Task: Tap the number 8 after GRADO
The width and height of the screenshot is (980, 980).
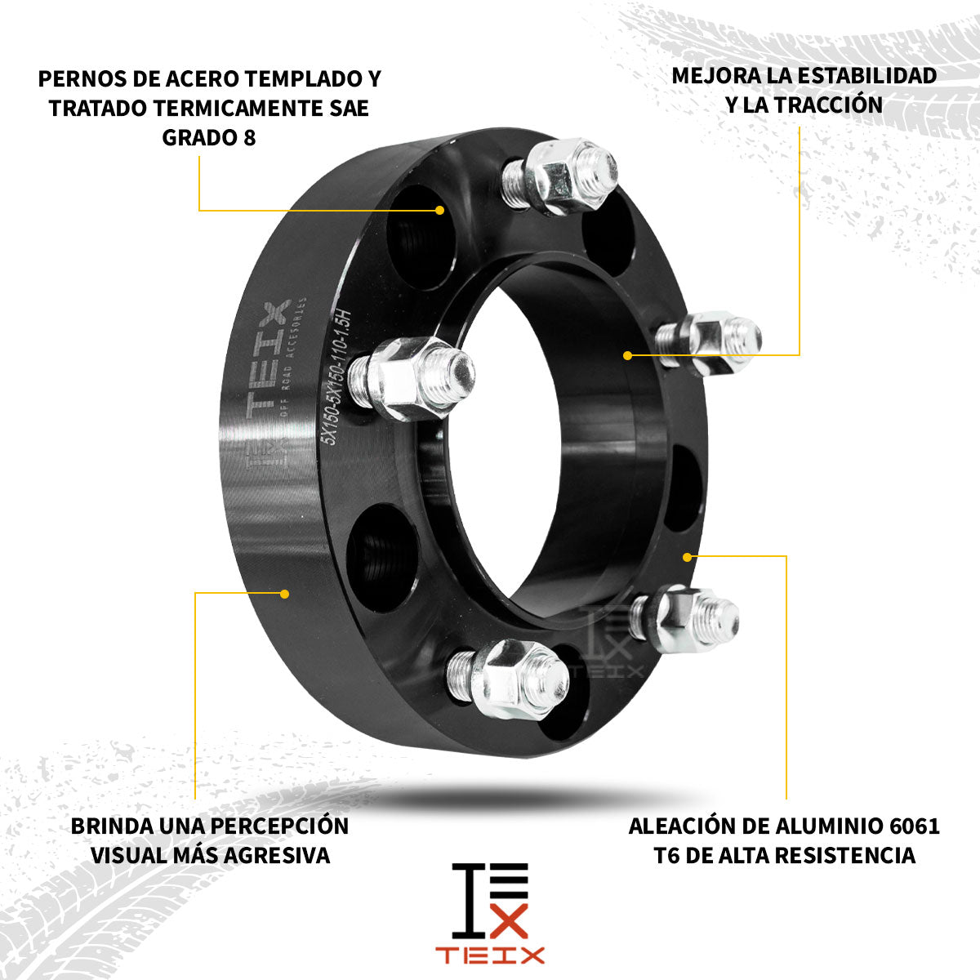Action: click(249, 137)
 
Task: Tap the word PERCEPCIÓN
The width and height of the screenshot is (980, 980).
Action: click(279, 826)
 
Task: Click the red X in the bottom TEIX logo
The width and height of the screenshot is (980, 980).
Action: click(510, 923)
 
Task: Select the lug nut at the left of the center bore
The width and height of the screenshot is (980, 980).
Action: click(408, 375)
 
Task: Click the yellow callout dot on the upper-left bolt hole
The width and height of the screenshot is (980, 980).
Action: click(439, 210)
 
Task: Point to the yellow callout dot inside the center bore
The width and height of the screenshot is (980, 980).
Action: click(627, 355)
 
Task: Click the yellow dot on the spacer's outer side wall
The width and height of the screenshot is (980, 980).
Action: click(285, 593)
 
